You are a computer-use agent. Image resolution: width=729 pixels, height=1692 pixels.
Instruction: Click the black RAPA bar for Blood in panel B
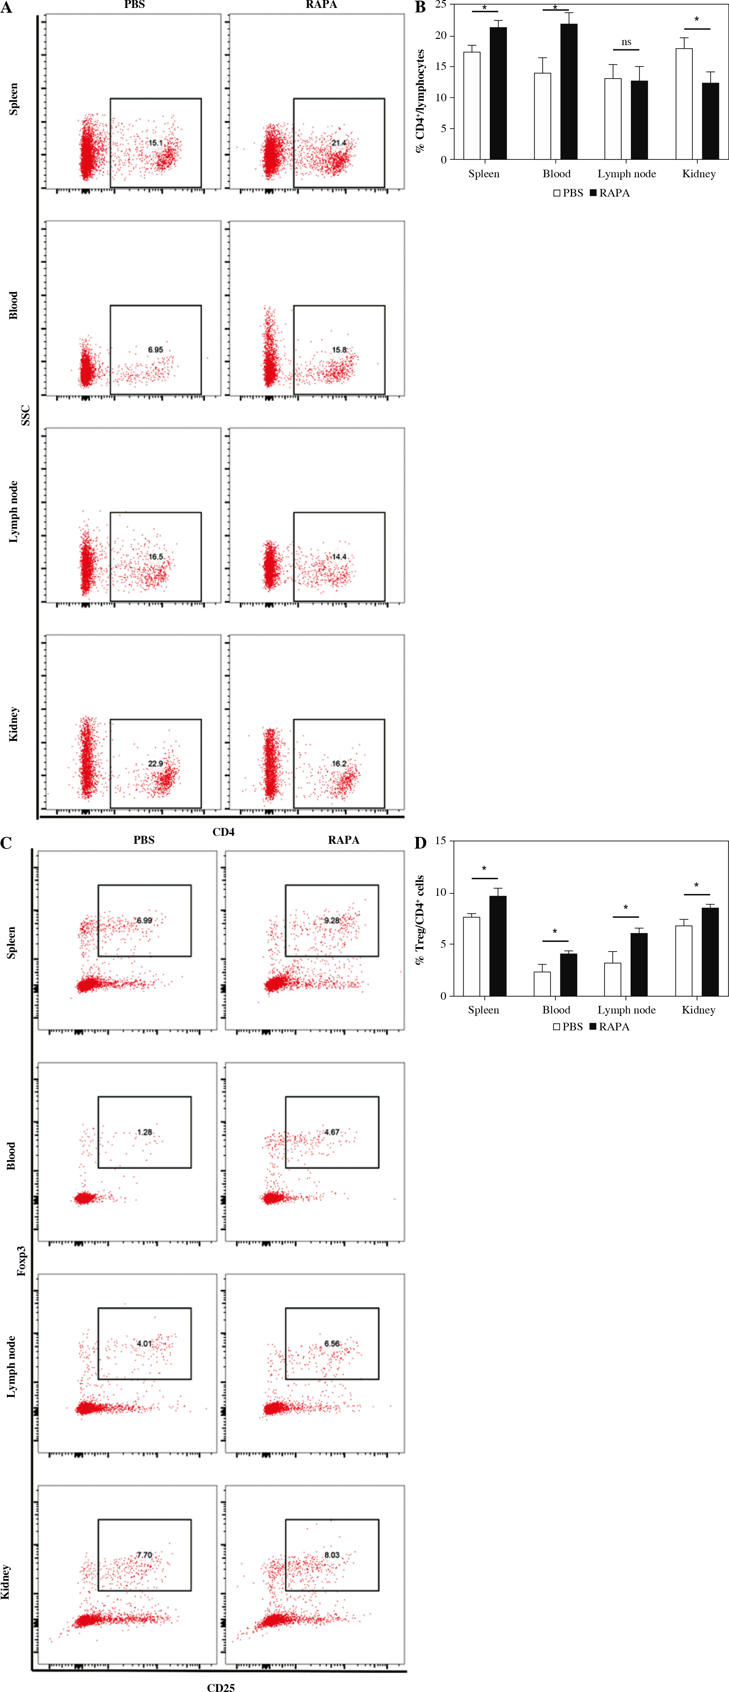[x=568, y=92]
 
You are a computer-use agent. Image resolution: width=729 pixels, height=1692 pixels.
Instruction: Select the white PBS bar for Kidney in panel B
[x=684, y=104]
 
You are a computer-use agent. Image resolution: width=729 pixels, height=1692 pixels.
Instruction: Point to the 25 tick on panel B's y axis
[x=440, y=4]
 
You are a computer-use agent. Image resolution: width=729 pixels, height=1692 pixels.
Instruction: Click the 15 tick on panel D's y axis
[x=440, y=841]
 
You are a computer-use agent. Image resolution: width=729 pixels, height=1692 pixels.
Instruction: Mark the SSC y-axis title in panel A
[x=25, y=415]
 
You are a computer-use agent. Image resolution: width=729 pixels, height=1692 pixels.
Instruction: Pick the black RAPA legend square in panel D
[x=593, y=1027]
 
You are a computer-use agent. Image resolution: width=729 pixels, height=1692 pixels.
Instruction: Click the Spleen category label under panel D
[x=483, y=1010]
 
